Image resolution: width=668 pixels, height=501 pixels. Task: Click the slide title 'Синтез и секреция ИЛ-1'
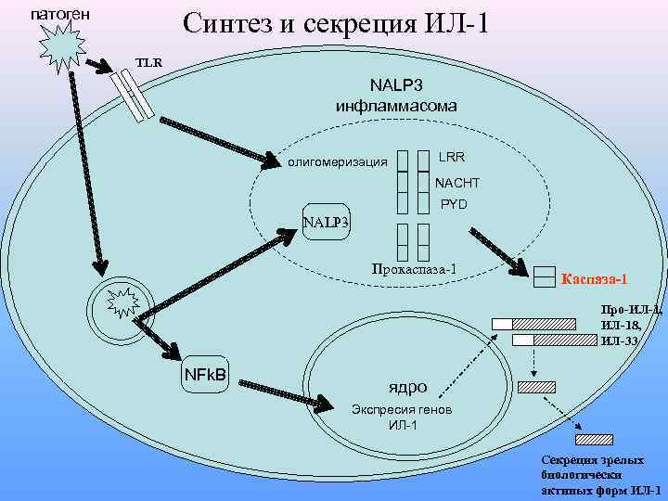[336, 23]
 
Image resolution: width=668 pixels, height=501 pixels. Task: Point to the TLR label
[148, 62]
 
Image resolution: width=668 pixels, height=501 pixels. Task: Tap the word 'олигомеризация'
[338, 163]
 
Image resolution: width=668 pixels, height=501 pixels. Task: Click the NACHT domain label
[457, 182]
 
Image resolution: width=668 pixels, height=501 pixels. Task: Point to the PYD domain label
[454, 203]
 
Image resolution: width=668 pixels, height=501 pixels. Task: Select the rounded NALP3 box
[327, 222]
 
